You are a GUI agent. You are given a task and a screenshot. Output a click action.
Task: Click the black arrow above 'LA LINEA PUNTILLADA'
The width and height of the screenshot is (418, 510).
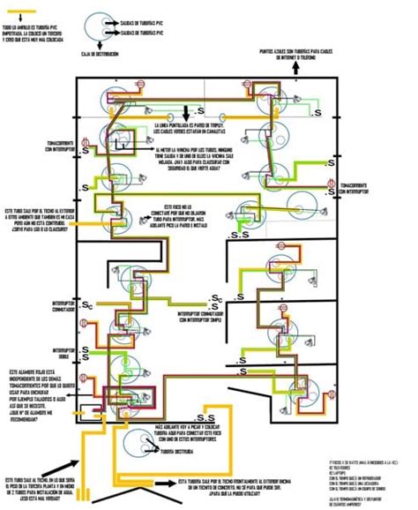point(186,113)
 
